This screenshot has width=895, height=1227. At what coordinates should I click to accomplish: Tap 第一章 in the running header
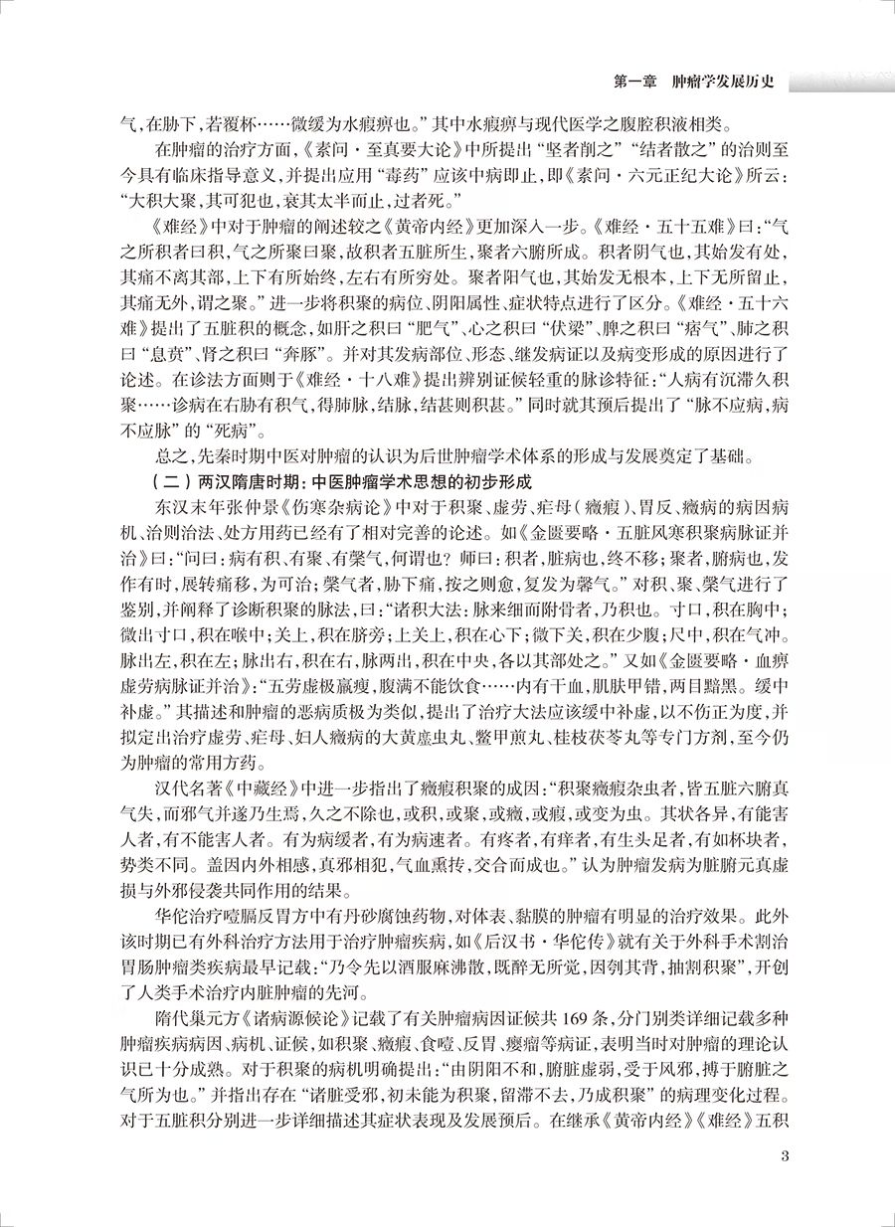click(x=632, y=82)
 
